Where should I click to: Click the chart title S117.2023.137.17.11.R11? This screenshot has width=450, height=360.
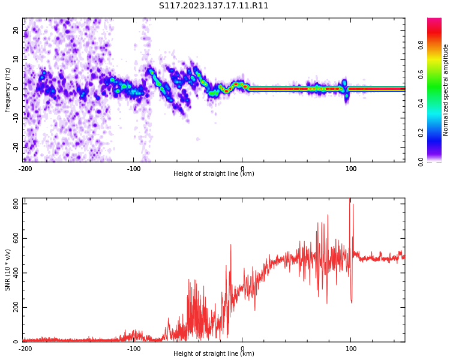pyautogui.click(x=214, y=6)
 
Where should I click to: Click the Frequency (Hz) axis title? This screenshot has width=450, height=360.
pyautogui.click(x=7, y=90)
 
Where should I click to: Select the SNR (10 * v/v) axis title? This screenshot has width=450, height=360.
pyautogui.click(x=7, y=270)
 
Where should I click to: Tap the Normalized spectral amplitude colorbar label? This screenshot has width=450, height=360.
pyautogui.click(x=445, y=90)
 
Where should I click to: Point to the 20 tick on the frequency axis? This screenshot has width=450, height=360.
pyautogui.click(x=16, y=30)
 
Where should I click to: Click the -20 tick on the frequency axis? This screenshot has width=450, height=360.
pyautogui.click(x=16, y=147)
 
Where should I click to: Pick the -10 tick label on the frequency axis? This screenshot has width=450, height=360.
pyautogui.click(x=16, y=118)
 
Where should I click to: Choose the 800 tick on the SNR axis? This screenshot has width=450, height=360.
pyautogui.click(x=16, y=204)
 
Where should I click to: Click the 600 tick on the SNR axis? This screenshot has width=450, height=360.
pyautogui.click(x=16, y=238)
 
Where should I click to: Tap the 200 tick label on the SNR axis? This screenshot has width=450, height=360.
pyautogui.click(x=16, y=307)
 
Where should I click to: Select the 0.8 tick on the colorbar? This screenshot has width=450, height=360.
pyautogui.click(x=421, y=45)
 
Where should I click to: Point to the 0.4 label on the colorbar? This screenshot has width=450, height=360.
pyautogui.click(x=421, y=103)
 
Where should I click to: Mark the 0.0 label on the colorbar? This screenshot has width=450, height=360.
pyautogui.click(x=421, y=162)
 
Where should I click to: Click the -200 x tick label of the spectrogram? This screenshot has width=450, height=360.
pyautogui.click(x=25, y=169)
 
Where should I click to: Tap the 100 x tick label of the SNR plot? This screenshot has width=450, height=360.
pyautogui.click(x=351, y=349)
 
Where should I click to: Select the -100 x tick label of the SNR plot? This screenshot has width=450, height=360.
pyautogui.click(x=134, y=349)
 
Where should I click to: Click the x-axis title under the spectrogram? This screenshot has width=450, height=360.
pyautogui.click(x=214, y=173)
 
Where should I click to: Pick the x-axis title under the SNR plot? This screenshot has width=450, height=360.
pyautogui.click(x=214, y=353)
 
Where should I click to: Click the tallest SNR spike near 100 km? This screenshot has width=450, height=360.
pyautogui.click(x=350, y=199)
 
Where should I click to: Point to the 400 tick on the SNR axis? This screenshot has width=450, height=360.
pyautogui.click(x=16, y=273)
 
